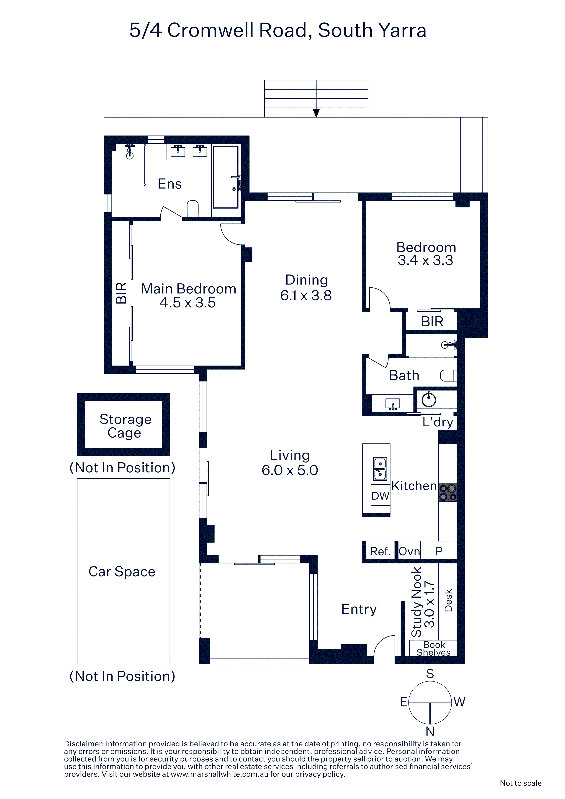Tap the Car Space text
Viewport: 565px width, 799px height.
coord(122,571)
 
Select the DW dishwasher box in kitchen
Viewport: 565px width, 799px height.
coord(380,495)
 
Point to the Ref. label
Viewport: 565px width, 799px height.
coord(380,551)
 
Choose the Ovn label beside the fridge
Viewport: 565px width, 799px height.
coord(409,551)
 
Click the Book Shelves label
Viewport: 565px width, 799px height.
coord(434,649)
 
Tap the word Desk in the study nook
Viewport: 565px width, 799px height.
coord(448,600)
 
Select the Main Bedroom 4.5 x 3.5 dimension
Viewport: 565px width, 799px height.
coord(188,303)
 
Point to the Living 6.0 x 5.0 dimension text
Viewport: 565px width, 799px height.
coord(290,470)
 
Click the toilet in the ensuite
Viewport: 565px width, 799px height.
coord(193,208)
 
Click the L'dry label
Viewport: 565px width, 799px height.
coord(438,422)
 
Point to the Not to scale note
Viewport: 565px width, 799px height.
coord(520,783)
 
